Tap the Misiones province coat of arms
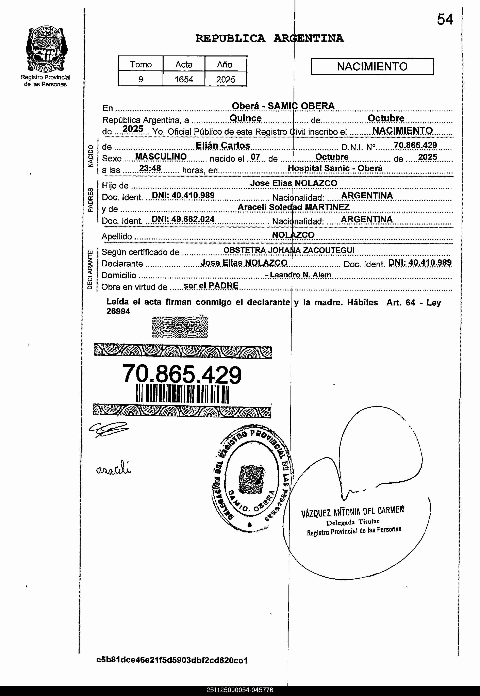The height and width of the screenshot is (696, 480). (x=47, y=50)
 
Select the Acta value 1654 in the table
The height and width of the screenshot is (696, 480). (x=184, y=79)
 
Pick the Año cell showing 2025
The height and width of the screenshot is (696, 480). (x=226, y=79)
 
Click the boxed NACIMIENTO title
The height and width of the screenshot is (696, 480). (x=372, y=66)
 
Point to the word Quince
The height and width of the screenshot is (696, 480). (x=245, y=118)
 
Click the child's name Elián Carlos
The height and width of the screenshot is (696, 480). (x=223, y=146)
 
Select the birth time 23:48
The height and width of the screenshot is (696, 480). (x=150, y=168)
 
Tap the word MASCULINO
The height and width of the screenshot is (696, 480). (x=161, y=157)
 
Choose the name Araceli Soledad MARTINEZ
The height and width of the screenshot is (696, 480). (x=294, y=207)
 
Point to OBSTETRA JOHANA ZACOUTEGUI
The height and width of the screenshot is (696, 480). (x=289, y=250)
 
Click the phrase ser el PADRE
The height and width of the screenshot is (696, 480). (x=211, y=285)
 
